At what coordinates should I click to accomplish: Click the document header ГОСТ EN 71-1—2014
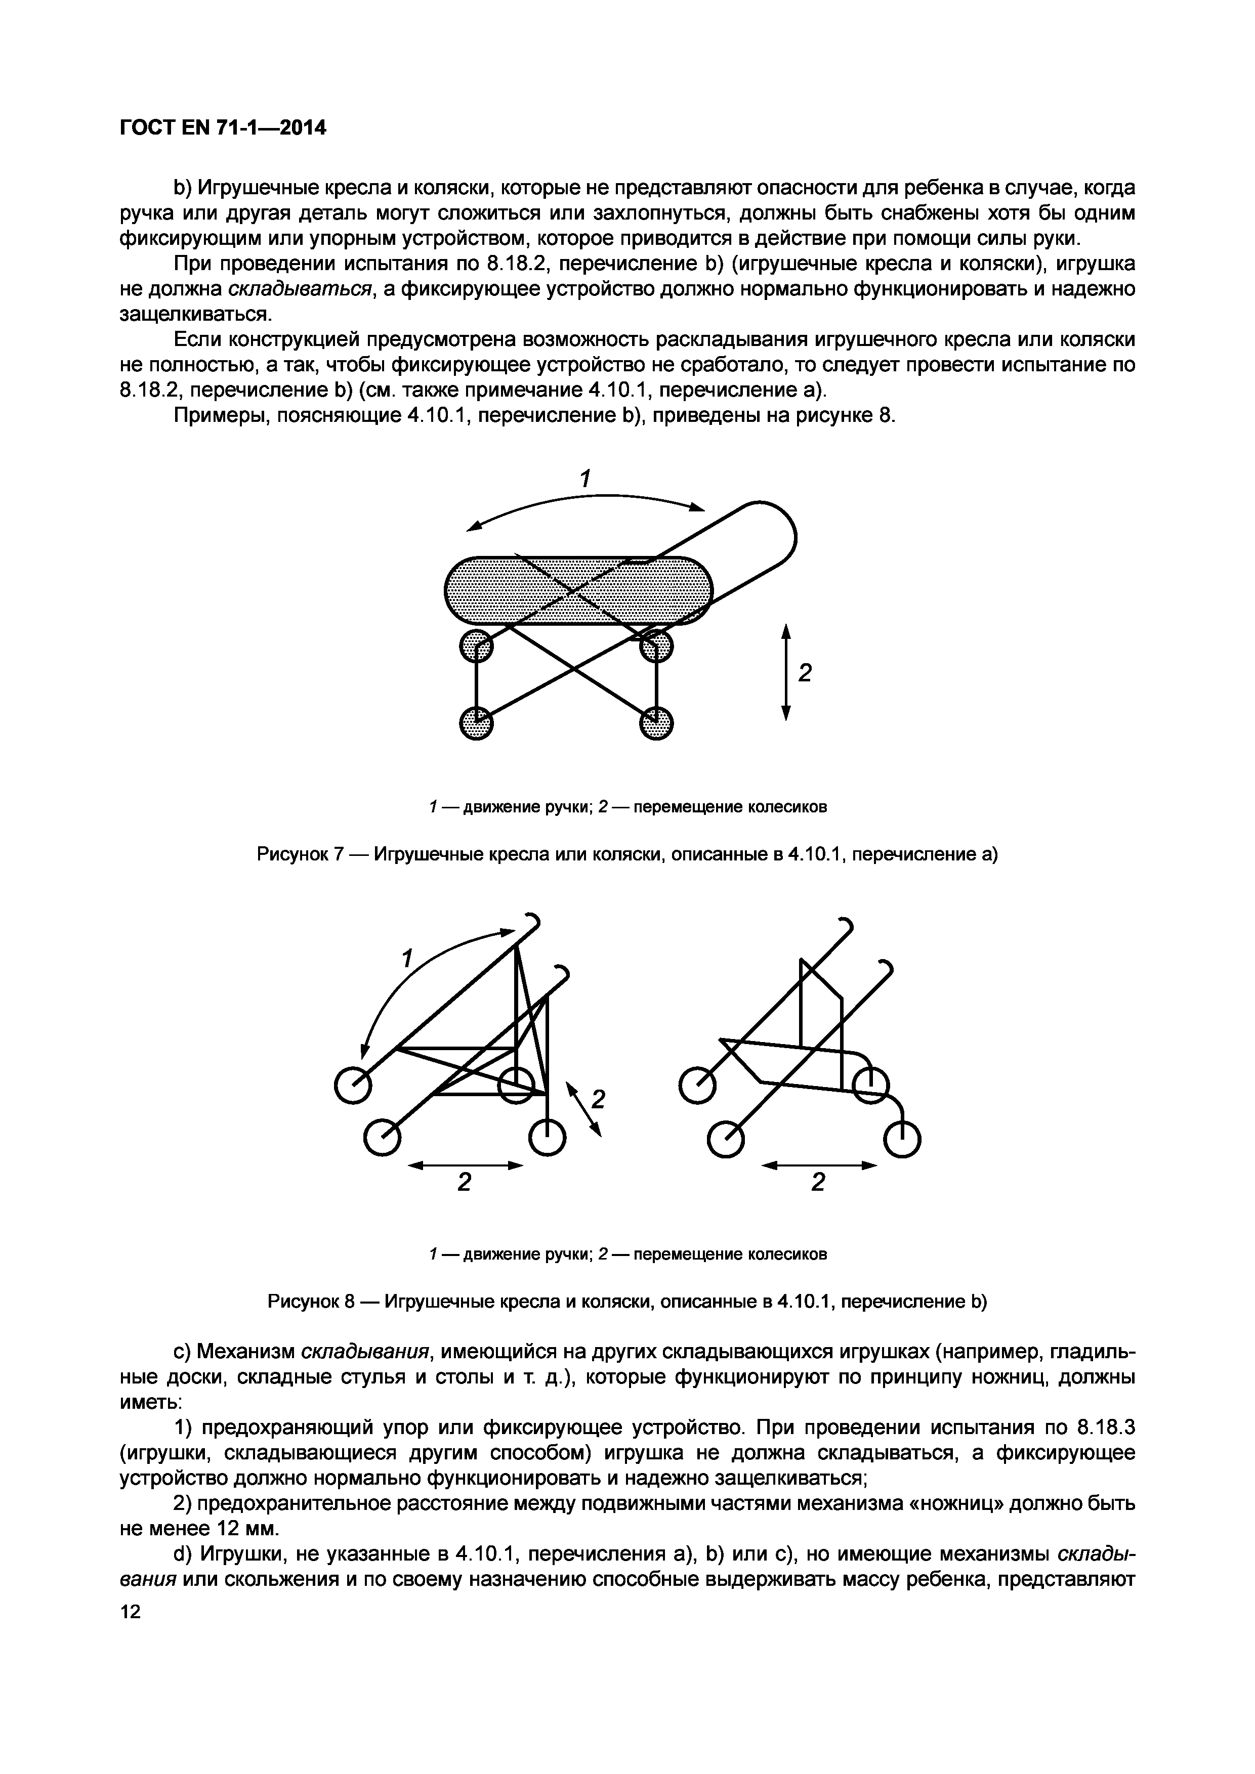click(223, 127)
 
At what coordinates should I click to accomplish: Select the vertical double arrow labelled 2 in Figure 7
click(786, 672)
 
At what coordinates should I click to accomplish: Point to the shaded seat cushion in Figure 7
click(578, 591)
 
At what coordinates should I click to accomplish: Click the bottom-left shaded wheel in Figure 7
click(476, 724)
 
